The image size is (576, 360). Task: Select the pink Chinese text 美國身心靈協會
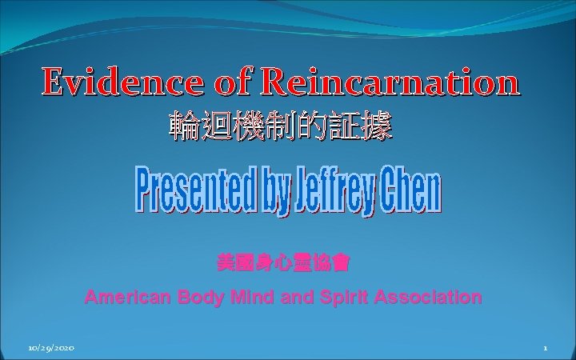tap(283, 262)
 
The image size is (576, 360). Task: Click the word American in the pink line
tap(125, 298)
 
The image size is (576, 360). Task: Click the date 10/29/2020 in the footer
tap(50, 349)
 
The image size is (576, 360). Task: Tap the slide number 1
tap(544, 349)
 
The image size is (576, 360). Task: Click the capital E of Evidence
tap(54, 82)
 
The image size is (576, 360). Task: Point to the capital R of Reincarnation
tap(275, 82)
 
